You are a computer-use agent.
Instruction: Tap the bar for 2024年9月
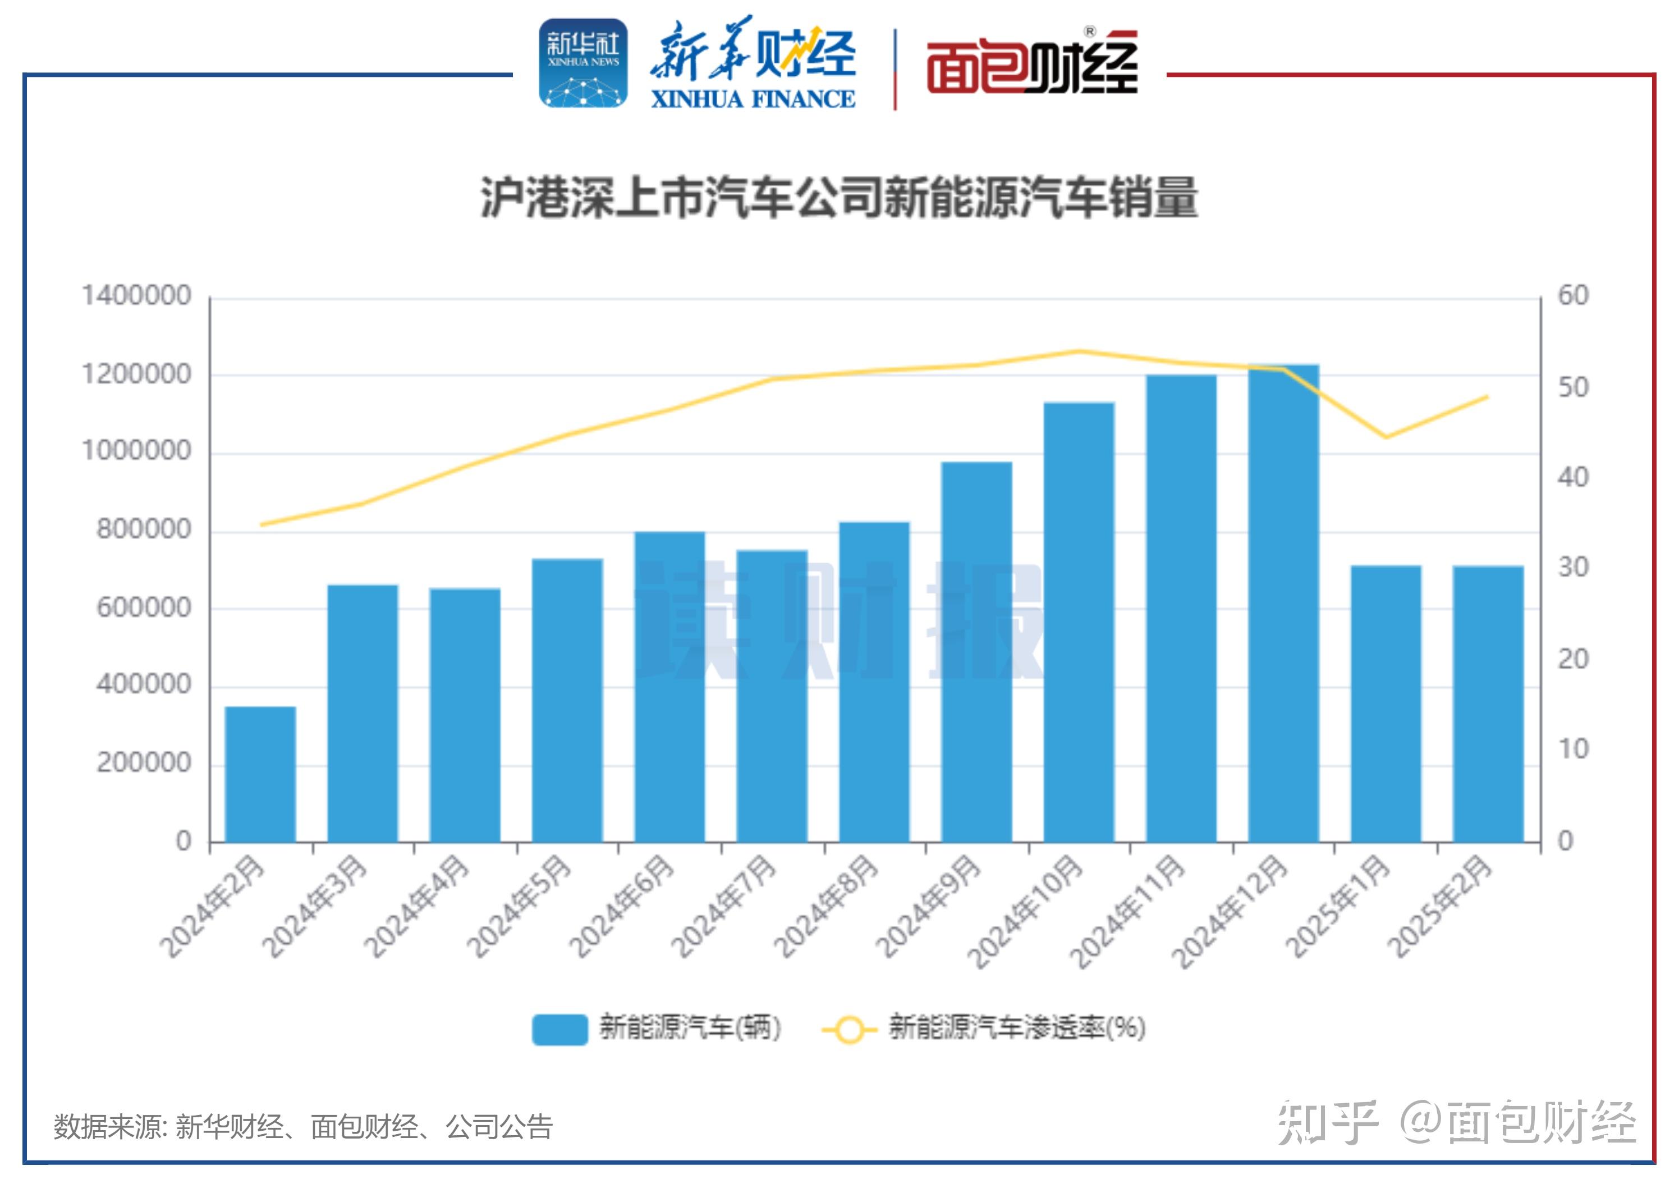pyautogui.click(x=976, y=651)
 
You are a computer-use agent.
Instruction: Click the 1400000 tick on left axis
pyautogui.click(x=137, y=295)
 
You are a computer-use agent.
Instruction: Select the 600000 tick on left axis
pyautogui.click(x=144, y=608)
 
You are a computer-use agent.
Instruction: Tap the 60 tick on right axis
pyautogui.click(x=1573, y=295)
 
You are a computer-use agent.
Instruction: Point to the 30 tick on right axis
pyautogui.click(x=1573, y=568)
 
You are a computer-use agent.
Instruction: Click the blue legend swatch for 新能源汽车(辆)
pyautogui.click(x=559, y=1029)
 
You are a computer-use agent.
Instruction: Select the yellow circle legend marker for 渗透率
pyautogui.click(x=849, y=1029)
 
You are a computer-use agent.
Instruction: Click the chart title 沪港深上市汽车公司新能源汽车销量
pyautogui.click(x=839, y=198)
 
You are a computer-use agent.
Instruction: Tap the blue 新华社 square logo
pyautogui.click(x=583, y=63)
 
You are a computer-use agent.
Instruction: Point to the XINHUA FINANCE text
pyautogui.click(x=753, y=99)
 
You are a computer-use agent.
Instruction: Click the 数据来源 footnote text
pyautogui.click(x=302, y=1127)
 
